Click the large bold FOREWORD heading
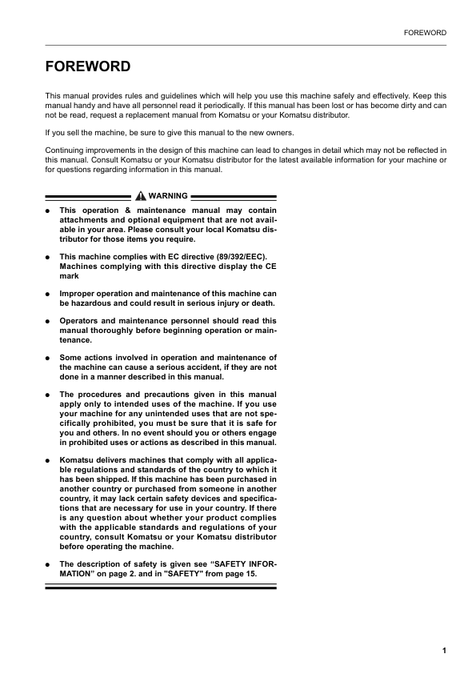coord(88,66)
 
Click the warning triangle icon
coord(141,195)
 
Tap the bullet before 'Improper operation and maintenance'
coord(48,294)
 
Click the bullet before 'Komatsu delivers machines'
coord(48,461)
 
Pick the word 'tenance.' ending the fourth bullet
coord(77,339)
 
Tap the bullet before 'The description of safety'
coord(48,564)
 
